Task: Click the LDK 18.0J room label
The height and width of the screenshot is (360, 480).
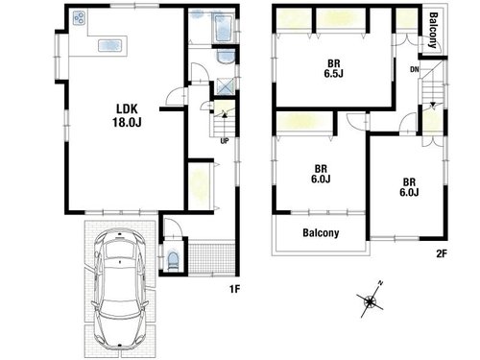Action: pyautogui.click(x=127, y=115)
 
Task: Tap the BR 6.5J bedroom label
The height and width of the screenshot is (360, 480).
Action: pyautogui.click(x=333, y=68)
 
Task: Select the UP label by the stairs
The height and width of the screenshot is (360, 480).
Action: pyautogui.click(x=225, y=141)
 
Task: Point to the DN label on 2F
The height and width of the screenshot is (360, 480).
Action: pyautogui.click(x=415, y=69)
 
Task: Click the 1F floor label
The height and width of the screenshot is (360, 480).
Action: pyautogui.click(x=234, y=289)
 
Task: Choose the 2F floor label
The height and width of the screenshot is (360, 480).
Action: pyautogui.click(x=442, y=253)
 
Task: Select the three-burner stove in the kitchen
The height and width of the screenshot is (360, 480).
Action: pyautogui.click(x=80, y=18)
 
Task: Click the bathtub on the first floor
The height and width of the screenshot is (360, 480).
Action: pyautogui.click(x=224, y=28)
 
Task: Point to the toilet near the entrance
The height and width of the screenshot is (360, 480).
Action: pyautogui.click(x=173, y=260)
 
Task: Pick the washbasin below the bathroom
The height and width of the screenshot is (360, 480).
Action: pyautogui.click(x=226, y=58)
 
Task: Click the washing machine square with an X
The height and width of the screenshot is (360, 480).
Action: pyautogui.click(x=225, y=85)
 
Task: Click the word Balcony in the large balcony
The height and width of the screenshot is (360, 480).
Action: pyautogui.click(x=321, y=232)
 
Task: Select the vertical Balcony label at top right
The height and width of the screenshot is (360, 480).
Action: pyautogui.click(x=433, y=31)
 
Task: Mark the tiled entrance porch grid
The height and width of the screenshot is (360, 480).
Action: pyautogui.click(x=211, y=258)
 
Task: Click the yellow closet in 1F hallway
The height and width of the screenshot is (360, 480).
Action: pyautogui.click(x=199, y=186)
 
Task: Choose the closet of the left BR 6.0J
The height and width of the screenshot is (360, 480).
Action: pyautogui.click(x=304, y=122)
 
